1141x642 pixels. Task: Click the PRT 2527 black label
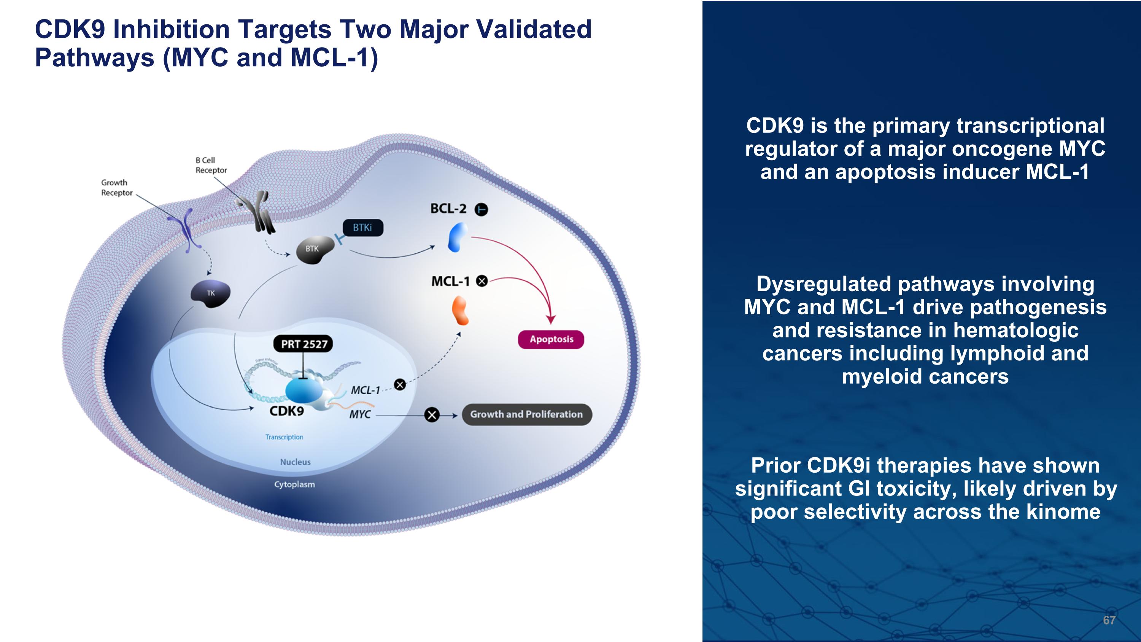coord(304,344)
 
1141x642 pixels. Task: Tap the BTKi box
coord(362,228)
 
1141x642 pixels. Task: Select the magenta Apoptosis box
coord(551,339)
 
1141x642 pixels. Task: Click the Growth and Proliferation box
coord(527,414)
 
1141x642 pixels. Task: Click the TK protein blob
coord(210,293)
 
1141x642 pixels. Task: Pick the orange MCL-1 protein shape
coord(460,311)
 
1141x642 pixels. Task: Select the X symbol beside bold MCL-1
coord(482,281)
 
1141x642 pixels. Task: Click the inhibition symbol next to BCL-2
coord(482,209)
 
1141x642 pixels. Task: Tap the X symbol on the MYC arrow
coord(432,415)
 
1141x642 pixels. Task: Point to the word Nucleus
coord(296,462)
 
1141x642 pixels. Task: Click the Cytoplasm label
coord(294,484)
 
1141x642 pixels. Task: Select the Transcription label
coord(284,437)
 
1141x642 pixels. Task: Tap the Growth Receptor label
coord(116,187)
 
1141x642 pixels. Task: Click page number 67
coord(1109,620)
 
